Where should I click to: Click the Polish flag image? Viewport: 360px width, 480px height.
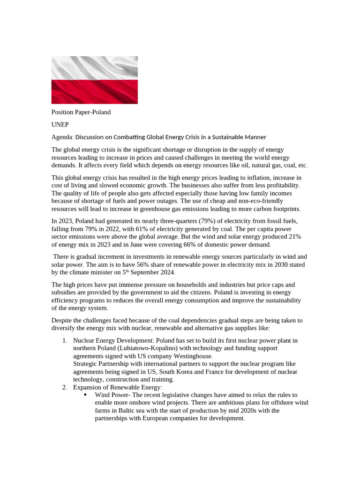coord(94,80)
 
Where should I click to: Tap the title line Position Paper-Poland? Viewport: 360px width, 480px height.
coord(81,112)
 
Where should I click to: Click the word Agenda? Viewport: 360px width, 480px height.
coord(62,137)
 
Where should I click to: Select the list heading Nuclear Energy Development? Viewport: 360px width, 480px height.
coord(109,340)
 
